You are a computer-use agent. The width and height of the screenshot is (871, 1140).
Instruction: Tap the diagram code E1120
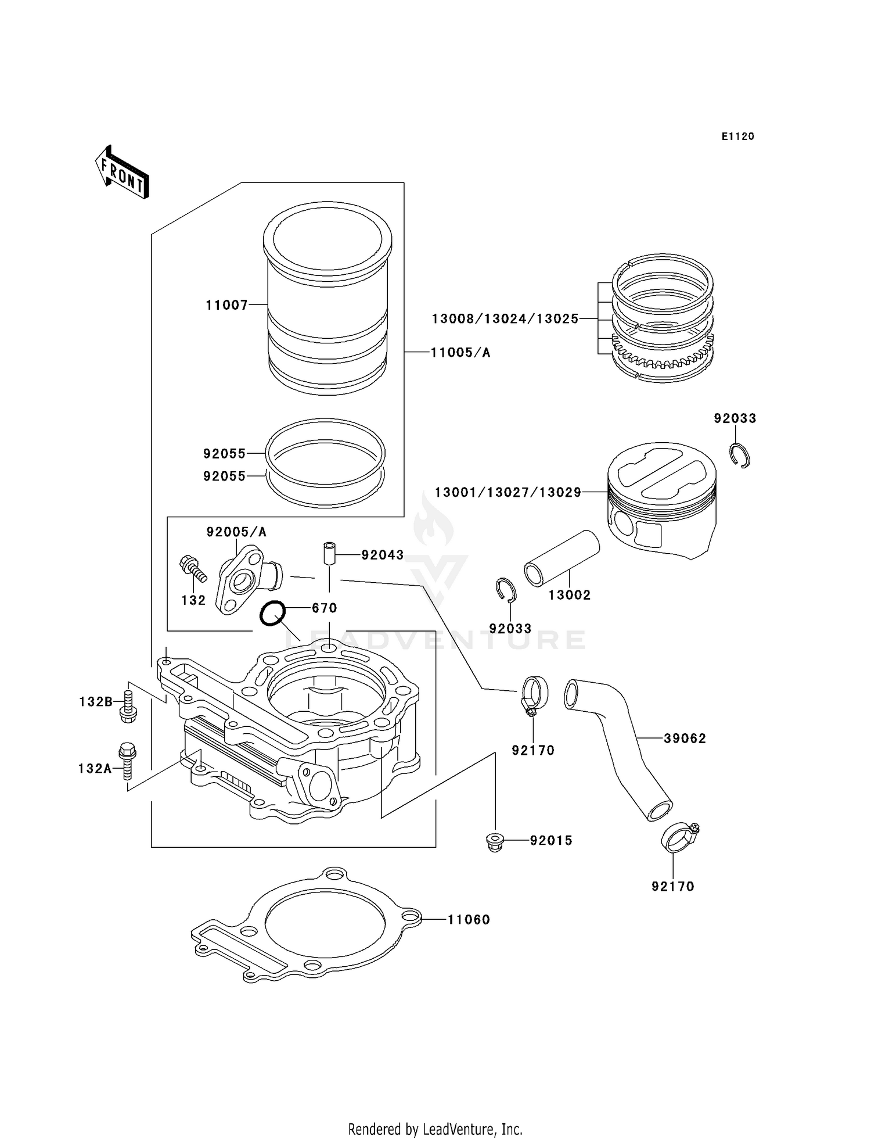[x=737, y=137]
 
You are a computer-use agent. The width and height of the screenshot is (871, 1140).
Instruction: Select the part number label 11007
[x=226, y=305]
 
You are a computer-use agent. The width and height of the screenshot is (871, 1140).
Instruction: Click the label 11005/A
[x=460, y=353]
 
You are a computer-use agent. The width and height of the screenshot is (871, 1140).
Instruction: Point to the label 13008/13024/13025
[x=505, y=319]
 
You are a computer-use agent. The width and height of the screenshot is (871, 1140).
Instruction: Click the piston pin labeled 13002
[x=562, y=558]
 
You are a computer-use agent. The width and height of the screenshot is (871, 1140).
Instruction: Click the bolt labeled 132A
[x=127, y=759]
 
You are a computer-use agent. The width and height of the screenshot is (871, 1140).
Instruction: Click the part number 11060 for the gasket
[x=468, y=920]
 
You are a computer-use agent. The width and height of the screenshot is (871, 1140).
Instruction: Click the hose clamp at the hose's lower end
[x=678, y=837]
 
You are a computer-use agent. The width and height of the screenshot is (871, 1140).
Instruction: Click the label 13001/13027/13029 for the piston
[x=508, y=493]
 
